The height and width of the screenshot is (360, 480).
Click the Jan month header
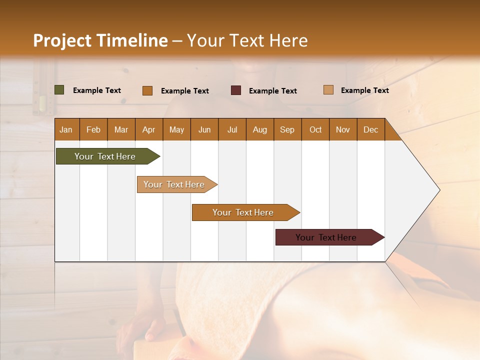66,129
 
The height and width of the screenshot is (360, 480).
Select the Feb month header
93,129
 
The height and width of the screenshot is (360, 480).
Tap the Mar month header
121,129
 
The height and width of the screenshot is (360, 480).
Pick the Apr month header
149,129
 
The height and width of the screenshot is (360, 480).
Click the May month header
176,129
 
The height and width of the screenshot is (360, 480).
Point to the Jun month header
204,129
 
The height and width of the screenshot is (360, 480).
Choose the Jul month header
232,129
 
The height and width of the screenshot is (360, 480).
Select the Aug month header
260,129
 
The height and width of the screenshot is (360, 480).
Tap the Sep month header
287,129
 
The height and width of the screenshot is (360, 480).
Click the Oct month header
315,129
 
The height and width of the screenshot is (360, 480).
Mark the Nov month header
343,129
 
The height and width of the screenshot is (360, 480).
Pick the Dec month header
371,129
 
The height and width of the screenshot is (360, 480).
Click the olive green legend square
59,90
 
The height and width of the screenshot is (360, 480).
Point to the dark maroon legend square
236,90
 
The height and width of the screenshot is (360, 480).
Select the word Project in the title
61,40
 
